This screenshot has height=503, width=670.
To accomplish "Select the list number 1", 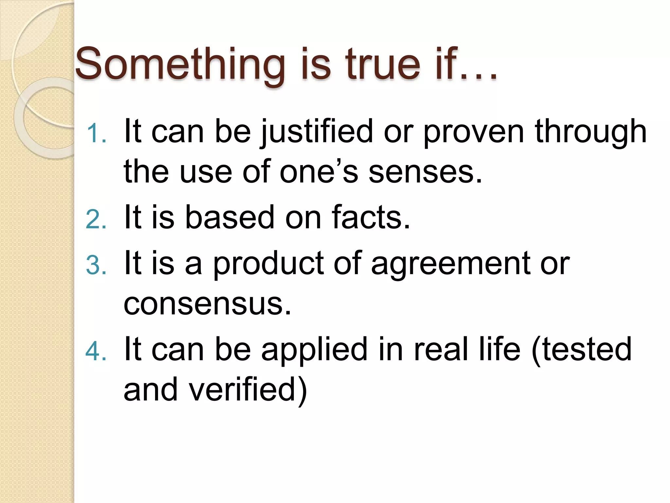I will (97, 134).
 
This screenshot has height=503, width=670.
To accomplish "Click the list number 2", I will (96, 219).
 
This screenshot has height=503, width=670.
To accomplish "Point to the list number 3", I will (96, 265).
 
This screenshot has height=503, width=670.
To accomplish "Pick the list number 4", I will (96, 352).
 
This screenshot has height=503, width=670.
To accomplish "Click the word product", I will (268, 264).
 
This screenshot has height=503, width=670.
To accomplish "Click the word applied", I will (314, 350).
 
